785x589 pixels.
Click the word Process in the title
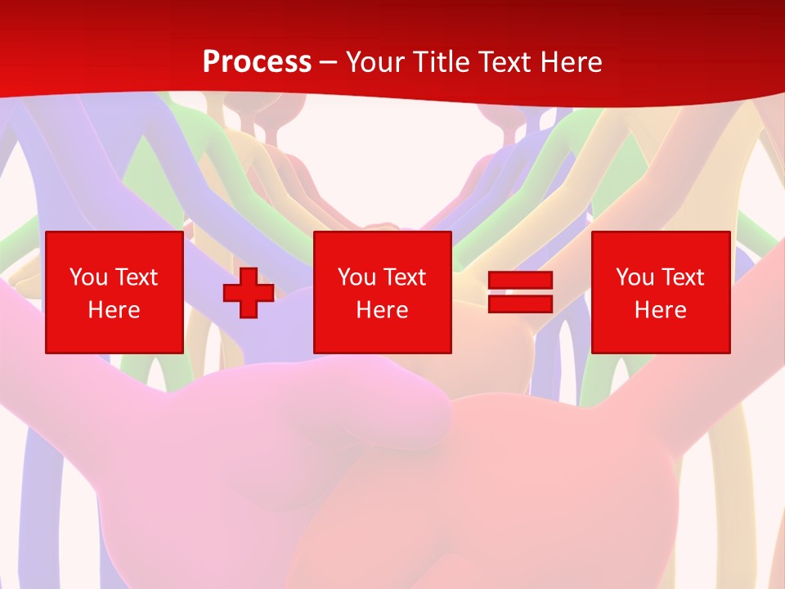257,61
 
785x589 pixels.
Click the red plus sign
249,293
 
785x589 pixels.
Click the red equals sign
520,292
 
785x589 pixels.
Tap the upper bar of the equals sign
520,281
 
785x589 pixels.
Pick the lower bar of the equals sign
520,303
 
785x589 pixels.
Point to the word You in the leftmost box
89,277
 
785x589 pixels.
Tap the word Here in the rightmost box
661,310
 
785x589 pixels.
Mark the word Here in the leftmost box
114,310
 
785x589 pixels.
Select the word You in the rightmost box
635,277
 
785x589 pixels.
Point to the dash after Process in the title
329,62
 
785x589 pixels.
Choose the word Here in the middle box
383,310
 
